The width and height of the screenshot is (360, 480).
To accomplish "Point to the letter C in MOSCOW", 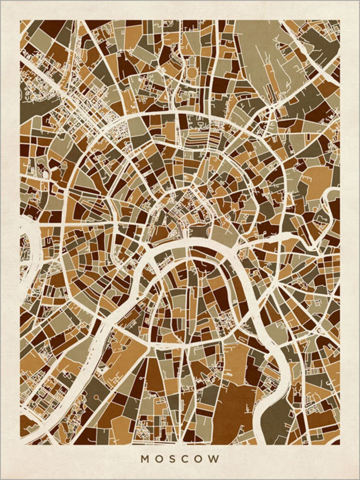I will pos(186,459).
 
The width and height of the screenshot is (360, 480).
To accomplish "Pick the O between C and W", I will pos(201,459).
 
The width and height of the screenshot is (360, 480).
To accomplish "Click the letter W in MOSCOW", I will pos(215,459).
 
